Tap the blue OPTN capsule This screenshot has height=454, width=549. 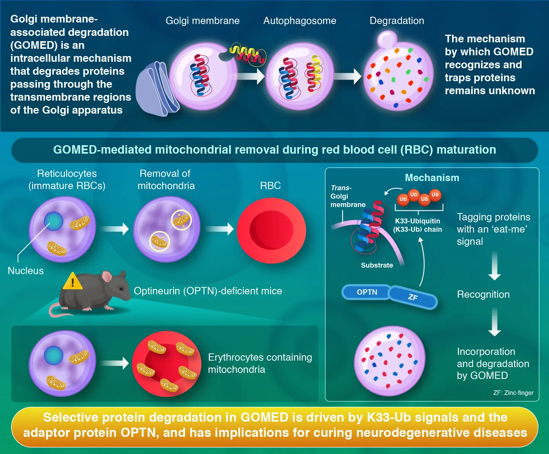[367, 292]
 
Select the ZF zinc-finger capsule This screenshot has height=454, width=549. [413, 297]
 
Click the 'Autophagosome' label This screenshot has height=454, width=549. [300, 21]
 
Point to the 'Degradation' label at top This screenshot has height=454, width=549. [396, 21]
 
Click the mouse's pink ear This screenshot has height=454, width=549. [107, 276]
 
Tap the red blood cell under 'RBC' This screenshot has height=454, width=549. [271, 230]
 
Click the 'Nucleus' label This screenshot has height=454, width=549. [26, 271]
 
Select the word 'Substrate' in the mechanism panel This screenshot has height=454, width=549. [377, 265]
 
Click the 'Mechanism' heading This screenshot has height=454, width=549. [432, 178]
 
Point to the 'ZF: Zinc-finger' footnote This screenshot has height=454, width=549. [513, 393]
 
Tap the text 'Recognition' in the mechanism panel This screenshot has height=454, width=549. [483, 294]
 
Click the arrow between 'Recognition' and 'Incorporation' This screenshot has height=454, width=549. [494, 322]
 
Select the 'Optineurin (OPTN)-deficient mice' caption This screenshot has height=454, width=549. [208, 291]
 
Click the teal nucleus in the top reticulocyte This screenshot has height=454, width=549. [53, 221]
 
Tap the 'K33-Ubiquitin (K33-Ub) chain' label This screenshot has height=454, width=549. [417, 225]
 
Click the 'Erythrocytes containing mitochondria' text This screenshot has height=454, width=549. [260, 363]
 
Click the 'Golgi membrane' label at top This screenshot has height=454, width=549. [202, 21]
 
